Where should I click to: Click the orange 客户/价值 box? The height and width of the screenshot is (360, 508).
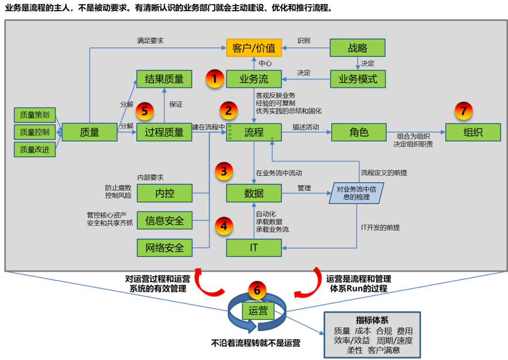[254, 48]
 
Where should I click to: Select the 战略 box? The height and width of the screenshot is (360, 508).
[357, 48]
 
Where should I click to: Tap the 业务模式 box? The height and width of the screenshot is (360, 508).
[357, 79]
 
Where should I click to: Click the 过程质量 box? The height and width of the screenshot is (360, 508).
[164, 133]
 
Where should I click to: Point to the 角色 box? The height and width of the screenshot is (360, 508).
[359, 133]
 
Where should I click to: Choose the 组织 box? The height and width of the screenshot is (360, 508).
[473, 133]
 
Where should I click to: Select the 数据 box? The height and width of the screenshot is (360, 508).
[254, 193]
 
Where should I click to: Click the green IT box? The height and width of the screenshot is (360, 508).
[254, 247]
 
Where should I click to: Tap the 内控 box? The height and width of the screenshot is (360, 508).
[164, 193]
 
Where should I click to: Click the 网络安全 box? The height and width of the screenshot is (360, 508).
[164, 247]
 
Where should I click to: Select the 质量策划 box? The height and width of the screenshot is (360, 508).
[35, 115]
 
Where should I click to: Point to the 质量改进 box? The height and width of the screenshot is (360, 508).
[35, 150]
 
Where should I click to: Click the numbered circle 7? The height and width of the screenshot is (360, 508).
[463, 111]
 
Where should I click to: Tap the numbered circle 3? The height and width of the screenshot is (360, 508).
[224, 171]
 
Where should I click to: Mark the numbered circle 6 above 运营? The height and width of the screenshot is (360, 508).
[257, 290]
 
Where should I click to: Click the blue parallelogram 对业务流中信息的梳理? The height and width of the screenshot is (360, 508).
[356, 193]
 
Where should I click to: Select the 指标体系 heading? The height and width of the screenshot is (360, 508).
[372, 321]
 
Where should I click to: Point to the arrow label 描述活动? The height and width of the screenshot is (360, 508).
[306, 127]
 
